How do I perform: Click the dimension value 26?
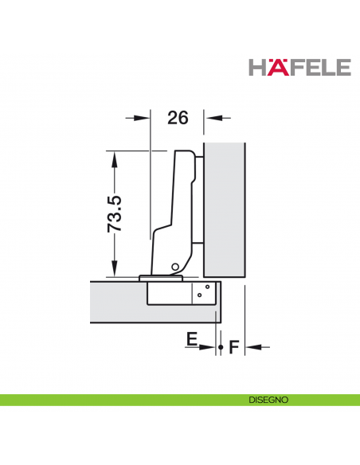(178, 118)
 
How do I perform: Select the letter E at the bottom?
(191, 340)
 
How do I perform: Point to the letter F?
(234, 347)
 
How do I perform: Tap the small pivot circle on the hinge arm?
(173, 266)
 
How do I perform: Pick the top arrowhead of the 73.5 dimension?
(115, 159)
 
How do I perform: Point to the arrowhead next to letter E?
(209, 346)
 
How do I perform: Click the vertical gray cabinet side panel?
(225, 207)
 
